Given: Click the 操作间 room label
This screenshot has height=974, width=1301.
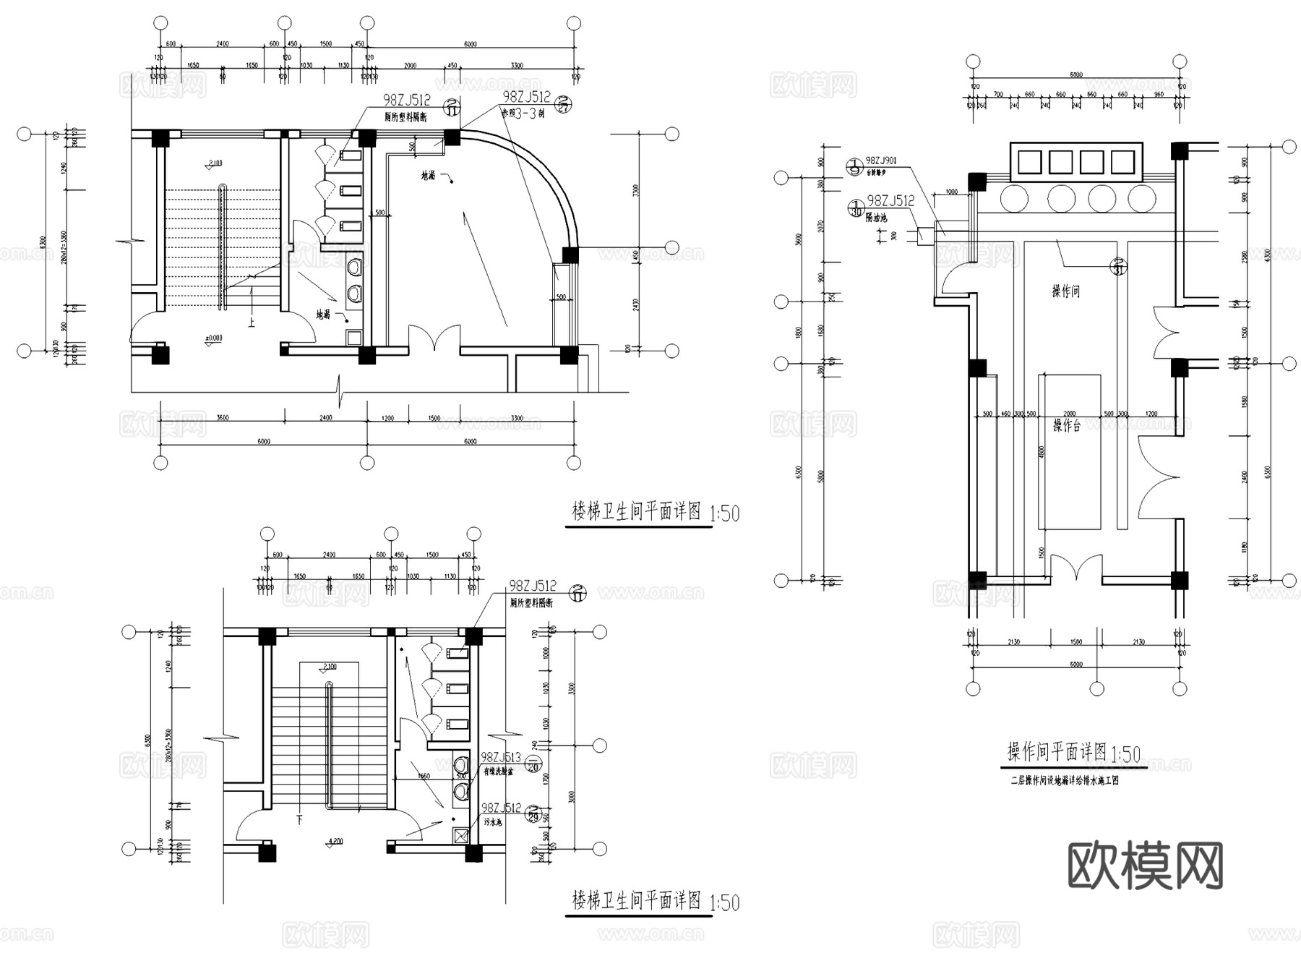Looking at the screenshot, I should point(1066,291).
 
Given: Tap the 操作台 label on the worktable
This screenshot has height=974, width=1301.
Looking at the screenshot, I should point(1066,426).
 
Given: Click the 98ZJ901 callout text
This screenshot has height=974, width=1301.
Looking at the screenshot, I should point(881,161).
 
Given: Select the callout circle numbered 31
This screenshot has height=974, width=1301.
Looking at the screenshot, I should point(1120,266).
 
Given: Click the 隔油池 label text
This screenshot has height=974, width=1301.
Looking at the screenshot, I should point(876,218).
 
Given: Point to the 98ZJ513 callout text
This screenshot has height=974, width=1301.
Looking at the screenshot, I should point(501,757).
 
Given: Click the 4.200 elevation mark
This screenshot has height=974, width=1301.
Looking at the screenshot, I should point(335,841).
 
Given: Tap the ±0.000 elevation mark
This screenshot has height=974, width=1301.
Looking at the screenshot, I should point(213,338).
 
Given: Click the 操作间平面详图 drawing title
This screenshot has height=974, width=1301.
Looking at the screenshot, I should point(1057,752).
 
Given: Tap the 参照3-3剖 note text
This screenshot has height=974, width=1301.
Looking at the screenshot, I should point(523,114).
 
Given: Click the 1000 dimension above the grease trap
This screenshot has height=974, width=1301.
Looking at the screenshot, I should point(951,192).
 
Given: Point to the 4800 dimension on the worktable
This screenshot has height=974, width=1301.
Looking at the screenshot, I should point(1042,453).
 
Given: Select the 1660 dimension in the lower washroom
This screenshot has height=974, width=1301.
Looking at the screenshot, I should point(424,776).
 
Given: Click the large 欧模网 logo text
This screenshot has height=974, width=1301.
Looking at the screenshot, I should point(1145,865).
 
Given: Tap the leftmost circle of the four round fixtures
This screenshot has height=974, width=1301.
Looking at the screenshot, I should point(1014,197).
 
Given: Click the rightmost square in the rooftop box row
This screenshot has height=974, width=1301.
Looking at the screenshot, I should point(1122,161).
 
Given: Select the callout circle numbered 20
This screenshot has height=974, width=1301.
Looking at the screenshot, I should point(533,765).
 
